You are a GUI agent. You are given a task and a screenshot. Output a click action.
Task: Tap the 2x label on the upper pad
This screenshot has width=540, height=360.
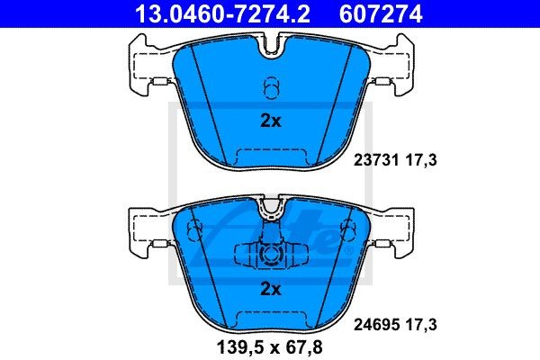click(x=270, y=121)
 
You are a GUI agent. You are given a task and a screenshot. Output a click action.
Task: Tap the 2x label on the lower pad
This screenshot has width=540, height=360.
click(x=270, y=289)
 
